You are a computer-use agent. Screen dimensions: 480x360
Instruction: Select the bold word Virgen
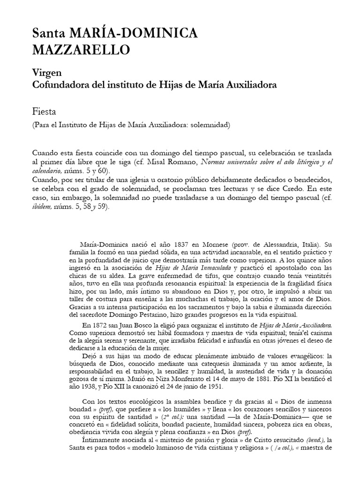45,74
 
